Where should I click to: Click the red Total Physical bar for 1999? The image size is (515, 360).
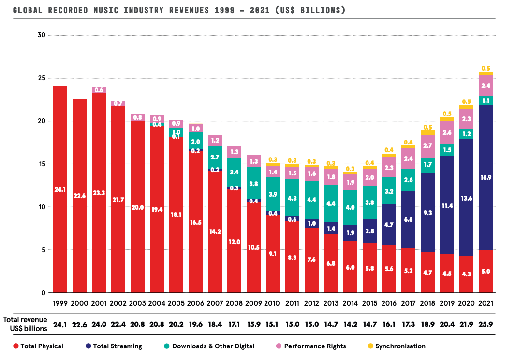tap(60, 188)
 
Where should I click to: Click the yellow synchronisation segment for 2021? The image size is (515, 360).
tap(486, 73)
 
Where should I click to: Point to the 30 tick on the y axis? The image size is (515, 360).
tap(41, 35)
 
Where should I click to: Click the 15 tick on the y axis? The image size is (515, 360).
tap(41, 164)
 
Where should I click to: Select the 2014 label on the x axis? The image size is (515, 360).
tap(350, 303)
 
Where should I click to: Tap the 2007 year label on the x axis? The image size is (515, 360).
tap(215, 303)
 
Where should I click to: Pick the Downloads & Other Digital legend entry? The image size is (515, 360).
tap(213, 346)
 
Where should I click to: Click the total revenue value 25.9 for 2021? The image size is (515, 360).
tap(486, 324)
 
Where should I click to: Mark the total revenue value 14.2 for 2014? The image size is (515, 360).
tap(350, 324)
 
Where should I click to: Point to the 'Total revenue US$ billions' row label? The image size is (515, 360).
tap(25, 324)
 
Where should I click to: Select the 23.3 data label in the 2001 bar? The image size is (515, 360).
tap(99, 192)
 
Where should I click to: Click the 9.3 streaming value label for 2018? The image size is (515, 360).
tap(427, 212)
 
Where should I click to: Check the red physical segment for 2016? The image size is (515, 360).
tap(389, 269)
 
